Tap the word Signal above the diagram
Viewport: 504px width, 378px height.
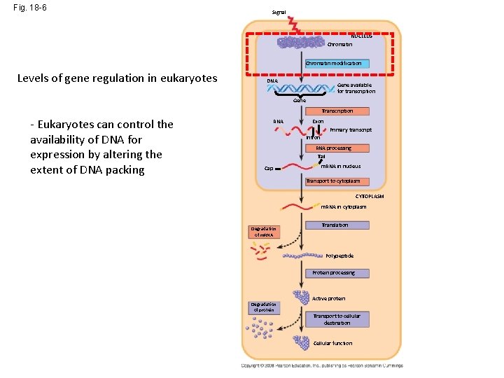click(279, 13)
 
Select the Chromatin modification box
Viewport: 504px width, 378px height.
click(333, 64)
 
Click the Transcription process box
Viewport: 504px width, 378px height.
click(337, 111)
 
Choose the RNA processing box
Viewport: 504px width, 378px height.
click(333, 148)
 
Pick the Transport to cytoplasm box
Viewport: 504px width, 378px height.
click(333, 181)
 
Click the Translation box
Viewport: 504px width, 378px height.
click(335, 225)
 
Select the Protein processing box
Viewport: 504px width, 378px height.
click(333, 273)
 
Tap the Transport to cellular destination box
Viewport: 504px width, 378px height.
click(337, 319)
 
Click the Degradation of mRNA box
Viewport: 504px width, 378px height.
click(265, 232)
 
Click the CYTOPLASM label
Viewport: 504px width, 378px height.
click(370, 197)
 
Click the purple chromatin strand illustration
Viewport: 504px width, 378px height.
click(301, 43)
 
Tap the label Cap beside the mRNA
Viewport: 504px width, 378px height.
click(269, 169)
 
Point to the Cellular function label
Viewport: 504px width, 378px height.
click(333, 344)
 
